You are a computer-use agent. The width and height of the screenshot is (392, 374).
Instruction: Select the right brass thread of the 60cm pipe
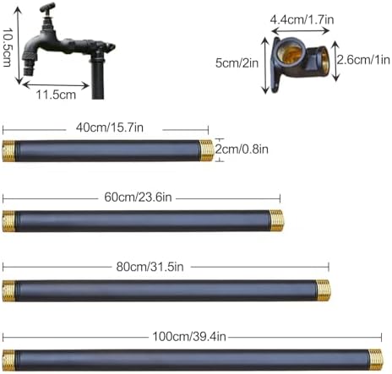(x=276, y=220)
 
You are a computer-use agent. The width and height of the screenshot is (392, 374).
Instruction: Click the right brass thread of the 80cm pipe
(x=324, y=290)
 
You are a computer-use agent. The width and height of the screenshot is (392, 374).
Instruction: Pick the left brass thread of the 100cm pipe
(x=8, y=359)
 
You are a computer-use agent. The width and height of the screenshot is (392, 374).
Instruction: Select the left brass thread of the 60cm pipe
(x=8, y=220)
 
